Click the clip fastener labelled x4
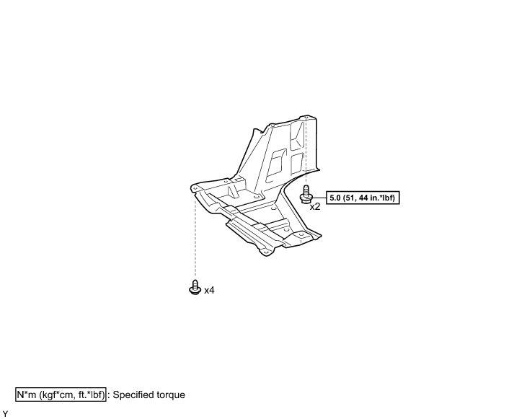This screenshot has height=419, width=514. pos(193,288)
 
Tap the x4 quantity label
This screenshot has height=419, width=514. pos(210,291)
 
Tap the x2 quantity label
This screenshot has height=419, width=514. pos(315,206)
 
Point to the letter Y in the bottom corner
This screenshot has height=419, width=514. pos(5,413)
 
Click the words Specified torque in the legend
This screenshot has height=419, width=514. pos(149,395)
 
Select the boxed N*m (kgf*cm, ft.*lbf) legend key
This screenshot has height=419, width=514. pos(61,395)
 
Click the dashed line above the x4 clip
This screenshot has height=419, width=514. pos(193,238)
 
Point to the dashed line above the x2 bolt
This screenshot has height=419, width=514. pos(306,151)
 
